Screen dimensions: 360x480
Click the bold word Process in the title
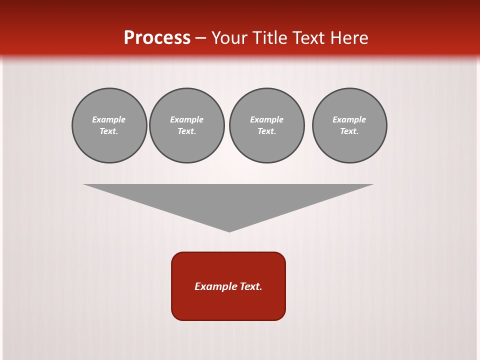tap(157, 37)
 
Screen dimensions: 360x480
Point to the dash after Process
tap(201, 38)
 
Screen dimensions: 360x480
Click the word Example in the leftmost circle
tap(109, 119)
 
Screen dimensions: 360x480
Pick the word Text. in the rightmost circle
tap(349, 131)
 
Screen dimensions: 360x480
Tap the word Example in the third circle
tap(267, 119)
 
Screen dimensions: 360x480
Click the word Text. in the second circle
tap(187, 131)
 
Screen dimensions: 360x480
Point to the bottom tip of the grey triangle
tap(229, 230)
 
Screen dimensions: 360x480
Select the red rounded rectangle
tap(228, 305)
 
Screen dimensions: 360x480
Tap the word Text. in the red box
tap(251, 286)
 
